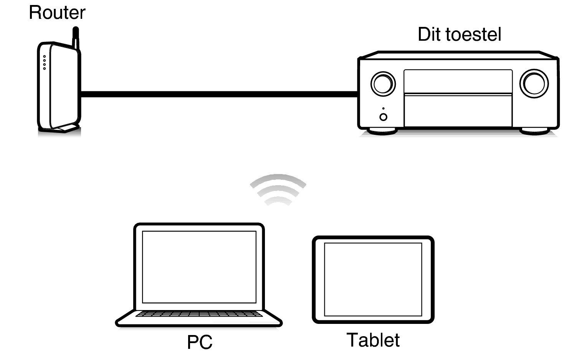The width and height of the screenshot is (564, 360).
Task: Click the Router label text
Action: pyautogui.click(x=57, y=13)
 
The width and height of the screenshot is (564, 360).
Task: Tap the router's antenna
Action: pyautogui.click(x=76, y=37)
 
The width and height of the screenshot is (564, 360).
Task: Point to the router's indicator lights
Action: pyautogui.click(x=45, y=63)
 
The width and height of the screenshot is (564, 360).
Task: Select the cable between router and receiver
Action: pyautogui.click(x=219, y=94)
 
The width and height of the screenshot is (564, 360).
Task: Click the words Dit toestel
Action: pyautogui.click(x=459, y=35)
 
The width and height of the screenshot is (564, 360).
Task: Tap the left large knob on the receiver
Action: pyautogui.click(x=383, y=83)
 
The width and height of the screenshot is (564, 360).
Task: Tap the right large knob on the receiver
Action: pyautogui.click(x=534, y=83)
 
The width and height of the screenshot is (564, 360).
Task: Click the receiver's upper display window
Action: pyautogui.click(x=458, y=81)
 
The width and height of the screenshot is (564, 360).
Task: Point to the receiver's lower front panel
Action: pyautogui.click(x=458, y=110)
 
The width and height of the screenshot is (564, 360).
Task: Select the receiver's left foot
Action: pyautogui.click(x=382, y=131)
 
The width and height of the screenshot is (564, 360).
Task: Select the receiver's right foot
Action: pyautogui.click(x=534, y=131)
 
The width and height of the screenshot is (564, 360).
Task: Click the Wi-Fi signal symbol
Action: pyautogui.click(x=278, y=189)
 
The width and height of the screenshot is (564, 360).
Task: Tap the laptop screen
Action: pyautogui.click(x=199, y=267)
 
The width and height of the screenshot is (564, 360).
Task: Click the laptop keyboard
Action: pyautogui.click(x=199, y=314)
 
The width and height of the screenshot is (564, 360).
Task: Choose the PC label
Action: pyautogui.click(x=200, y=342)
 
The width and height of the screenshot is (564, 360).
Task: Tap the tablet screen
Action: pyautogui.click(x=373, y=279)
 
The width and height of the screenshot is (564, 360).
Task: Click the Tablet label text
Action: pyautogui.click(x=373, y=340)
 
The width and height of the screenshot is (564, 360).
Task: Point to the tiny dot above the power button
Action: pyautogui.click(x=383, y=108)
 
